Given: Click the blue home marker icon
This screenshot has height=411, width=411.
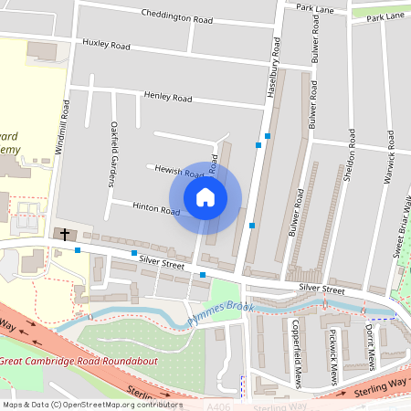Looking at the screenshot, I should (x=205, y=196).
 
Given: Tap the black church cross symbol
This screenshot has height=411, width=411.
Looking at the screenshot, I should (x=64, y=235).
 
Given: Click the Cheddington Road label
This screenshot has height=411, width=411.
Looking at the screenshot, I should (x=177, y=16).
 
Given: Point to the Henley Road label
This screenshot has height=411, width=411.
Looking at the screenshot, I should (x=168, y=96).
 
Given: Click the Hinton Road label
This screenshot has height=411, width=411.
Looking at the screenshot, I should (x=156, y=209).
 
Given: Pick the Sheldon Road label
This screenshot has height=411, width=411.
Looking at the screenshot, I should (x=350, y=156).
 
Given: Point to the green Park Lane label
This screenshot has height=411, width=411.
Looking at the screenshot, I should (x=385, y=16).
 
